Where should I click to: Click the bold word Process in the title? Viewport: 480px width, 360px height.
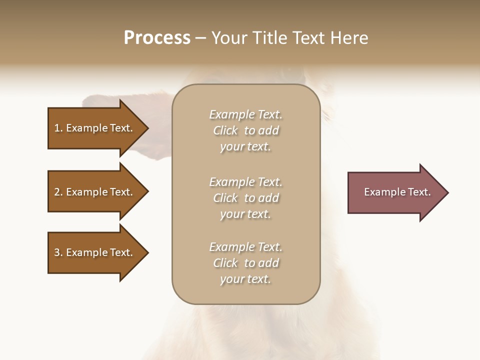tap(157, 38)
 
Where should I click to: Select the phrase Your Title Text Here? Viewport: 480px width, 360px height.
tap(290, 38)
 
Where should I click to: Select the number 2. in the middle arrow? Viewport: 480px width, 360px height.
tap(58, 192)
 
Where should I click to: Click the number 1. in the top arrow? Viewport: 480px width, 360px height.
tap(58, 128)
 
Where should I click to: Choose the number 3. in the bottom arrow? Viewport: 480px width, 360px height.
tap(58, 252)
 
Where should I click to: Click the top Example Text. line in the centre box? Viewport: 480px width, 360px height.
tap(245, 114)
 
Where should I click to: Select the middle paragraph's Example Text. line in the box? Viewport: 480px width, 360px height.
tap(245, 182)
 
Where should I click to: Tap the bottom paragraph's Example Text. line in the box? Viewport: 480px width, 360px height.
tap(245, 247)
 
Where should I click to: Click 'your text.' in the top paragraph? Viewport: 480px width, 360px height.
tap(245, 147)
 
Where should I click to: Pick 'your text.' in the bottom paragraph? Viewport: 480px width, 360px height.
tap(245, 279)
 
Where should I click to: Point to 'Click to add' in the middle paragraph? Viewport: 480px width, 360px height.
tap(245, 198)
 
